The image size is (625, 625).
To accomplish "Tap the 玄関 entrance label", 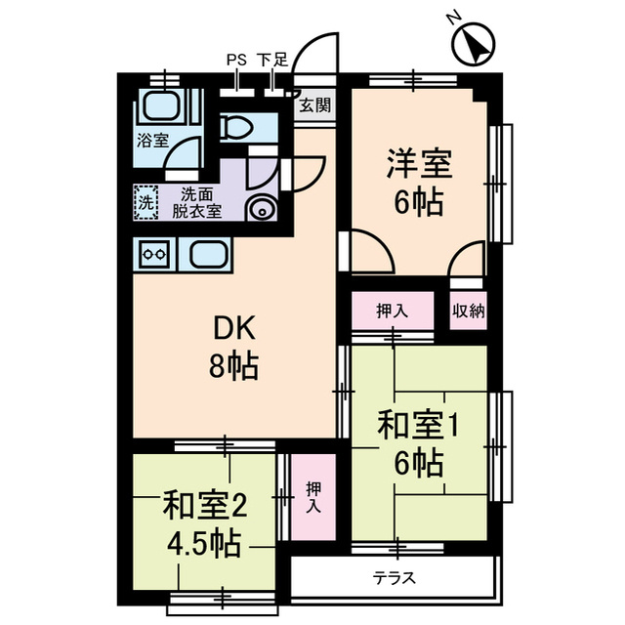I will (314, 105).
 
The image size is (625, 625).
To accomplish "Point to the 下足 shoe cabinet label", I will (272, 60).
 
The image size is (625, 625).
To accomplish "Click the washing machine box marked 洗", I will (145, 204).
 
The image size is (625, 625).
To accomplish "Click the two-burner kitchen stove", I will (152, 256).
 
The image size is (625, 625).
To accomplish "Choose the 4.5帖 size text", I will (203, 540).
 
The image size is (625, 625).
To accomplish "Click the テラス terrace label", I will (395, 578).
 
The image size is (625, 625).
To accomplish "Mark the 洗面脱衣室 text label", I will (199, 202).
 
